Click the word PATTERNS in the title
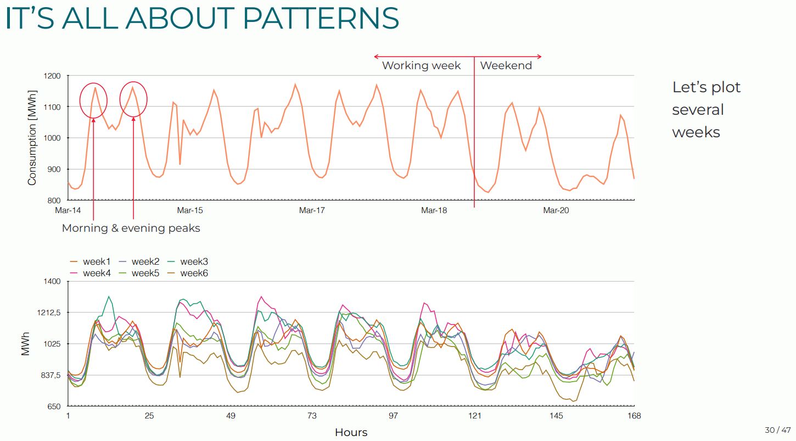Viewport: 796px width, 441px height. pos(320,18)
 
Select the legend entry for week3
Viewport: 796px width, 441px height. pos(194,262)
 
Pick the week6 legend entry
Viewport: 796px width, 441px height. pos(194,273)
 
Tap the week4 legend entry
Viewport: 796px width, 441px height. pos(97,273)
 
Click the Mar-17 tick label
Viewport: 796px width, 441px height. pos(312,210)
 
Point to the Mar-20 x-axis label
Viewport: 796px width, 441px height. pos(556,210)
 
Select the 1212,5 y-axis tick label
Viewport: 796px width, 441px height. pos(48,312)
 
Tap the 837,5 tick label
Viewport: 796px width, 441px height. pos(49,375)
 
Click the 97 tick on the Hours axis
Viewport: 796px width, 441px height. pos(393,416)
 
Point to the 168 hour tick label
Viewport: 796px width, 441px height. pos(634,416)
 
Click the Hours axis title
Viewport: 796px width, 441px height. pos(351,433)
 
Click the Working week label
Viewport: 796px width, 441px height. pos(421,65)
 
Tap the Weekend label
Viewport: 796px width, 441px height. pos(506,65)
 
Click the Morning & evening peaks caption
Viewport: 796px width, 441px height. pos(131,228)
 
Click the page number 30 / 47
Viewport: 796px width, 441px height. pos(777,429)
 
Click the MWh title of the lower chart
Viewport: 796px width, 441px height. pos(25,344)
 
